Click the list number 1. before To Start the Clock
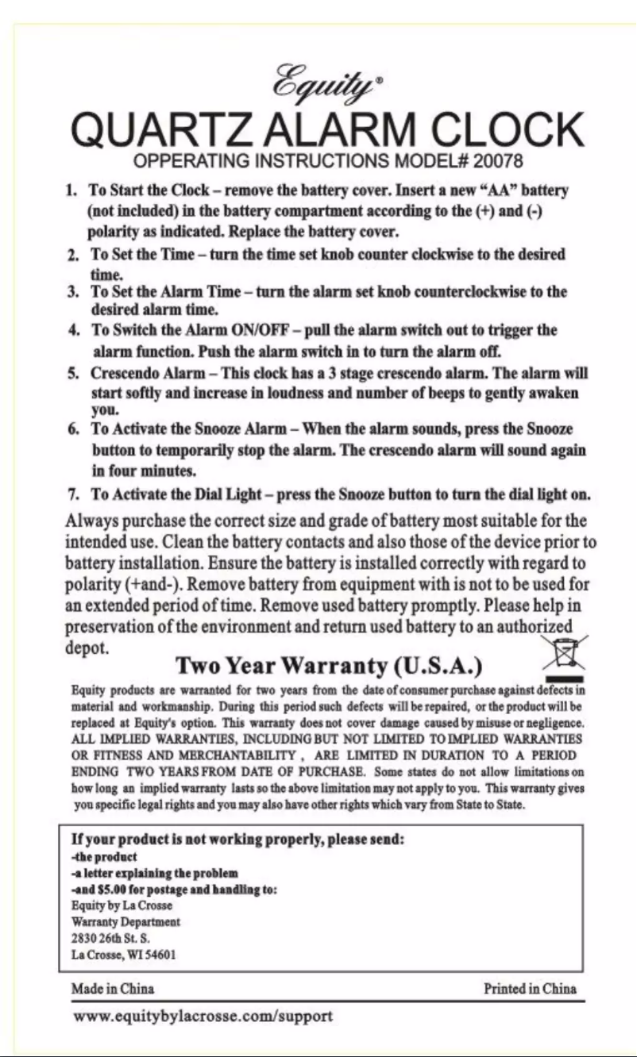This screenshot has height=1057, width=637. click(x=71, y=191)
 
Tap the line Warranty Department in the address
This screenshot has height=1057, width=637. click(x=125, y=922)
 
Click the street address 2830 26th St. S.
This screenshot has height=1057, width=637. click(x=106, y=939)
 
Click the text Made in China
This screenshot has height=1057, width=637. click(x=113, y=989)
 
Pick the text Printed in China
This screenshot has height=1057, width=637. click(x=530, y=989)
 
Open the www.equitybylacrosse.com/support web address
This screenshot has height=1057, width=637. click(x=203, y=1017)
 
